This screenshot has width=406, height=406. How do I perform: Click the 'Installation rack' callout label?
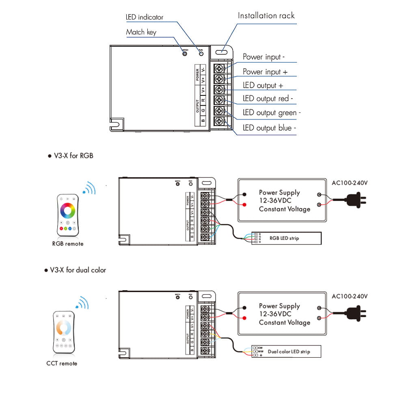[266, 16]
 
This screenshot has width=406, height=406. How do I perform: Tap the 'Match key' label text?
[141, 32]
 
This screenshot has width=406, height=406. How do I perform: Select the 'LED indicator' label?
[144, 17]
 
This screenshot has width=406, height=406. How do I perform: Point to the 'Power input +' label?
[265, 72]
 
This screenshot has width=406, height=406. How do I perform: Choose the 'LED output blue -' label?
[270, 128]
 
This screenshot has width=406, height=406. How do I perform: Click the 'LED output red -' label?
[268, 99]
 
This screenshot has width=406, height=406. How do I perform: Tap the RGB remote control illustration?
[68, 215]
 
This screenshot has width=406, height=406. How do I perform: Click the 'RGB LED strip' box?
[286, 238]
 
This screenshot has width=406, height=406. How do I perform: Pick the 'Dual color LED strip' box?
[286, 351]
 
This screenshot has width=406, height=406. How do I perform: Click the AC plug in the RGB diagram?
[356, 200]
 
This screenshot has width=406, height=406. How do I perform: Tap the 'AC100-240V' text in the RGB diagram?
[350, 183]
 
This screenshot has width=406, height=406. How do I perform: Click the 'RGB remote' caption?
[68, 244]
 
